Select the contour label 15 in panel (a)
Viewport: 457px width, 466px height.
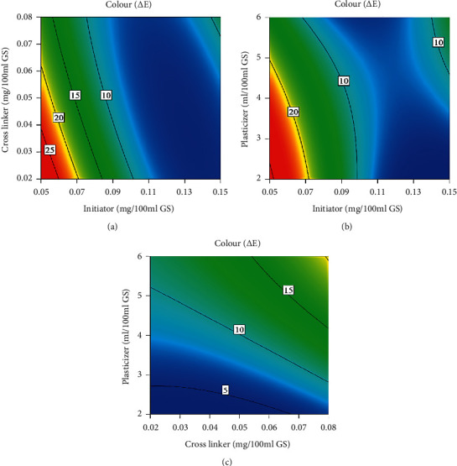coord(75,96)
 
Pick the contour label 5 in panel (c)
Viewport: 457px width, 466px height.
coord(225,390)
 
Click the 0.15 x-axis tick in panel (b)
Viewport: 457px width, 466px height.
coord(448,191)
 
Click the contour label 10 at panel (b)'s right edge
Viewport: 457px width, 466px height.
coord(438,42)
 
